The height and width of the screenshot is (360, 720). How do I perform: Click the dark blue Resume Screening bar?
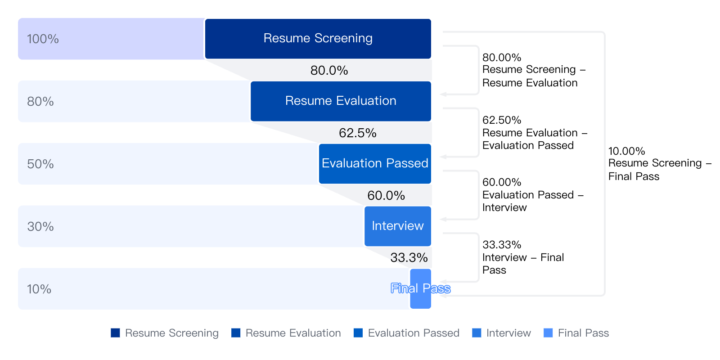tap(318, 39)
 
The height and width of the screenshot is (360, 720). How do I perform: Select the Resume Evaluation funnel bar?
tap(341, 101)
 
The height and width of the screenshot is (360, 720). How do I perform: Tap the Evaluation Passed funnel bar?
tap(375, 164)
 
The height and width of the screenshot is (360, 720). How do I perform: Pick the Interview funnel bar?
tap(398, 226)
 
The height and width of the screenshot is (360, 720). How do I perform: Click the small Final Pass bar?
tap(420, 288)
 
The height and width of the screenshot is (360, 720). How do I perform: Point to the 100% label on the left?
tap(43, 39)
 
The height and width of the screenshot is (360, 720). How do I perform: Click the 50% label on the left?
tap(40, 164)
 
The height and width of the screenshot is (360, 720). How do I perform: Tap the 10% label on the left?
tap(39, 289)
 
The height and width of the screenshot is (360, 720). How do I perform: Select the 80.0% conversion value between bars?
tap(329, 70)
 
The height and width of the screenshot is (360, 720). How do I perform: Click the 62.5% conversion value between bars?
tap(357, 133)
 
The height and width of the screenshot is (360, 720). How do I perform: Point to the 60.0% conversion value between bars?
tap(386, 195)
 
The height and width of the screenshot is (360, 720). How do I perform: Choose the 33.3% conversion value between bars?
tap(409, 257)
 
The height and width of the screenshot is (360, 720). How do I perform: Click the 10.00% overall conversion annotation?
tap(660, 164)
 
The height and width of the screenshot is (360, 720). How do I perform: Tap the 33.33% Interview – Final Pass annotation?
tap(523, 257)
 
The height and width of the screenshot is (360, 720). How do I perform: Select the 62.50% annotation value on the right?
tap(501, 120)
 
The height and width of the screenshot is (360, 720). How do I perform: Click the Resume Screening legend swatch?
tap(115, 333)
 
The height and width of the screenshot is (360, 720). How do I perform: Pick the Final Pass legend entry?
tap(576, 333)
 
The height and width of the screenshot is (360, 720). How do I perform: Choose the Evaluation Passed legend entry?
tap(406, 333)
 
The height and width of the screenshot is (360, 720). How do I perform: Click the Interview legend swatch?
tap(477, 333)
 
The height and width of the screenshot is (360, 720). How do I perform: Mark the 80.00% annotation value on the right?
tap(501, 58)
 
